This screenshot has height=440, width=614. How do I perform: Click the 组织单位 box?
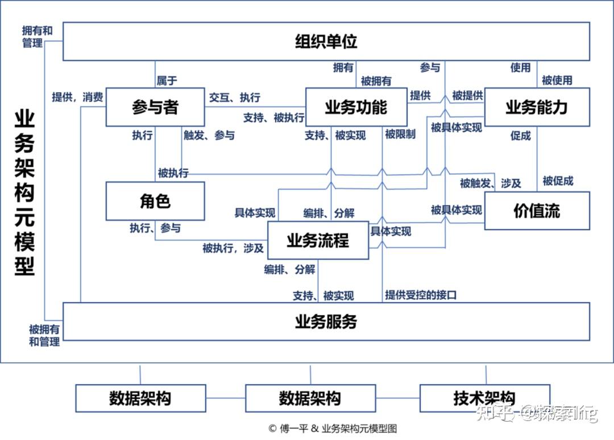click(326, 42)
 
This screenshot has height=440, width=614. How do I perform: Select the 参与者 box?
click(155, 107)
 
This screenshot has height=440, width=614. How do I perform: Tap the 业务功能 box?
click(356, 107)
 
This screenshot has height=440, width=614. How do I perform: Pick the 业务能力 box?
click(537, 107)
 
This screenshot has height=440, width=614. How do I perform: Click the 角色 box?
click(155, 201)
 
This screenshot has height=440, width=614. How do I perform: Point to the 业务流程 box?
click(318, 240)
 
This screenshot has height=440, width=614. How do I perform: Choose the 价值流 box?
click(537, 211)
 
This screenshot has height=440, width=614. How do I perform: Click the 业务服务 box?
click(326, 322)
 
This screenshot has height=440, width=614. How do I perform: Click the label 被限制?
click(400, 135)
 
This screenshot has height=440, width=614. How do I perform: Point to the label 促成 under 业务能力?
click(521, 135)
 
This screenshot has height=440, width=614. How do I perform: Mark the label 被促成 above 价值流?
click(558, 181)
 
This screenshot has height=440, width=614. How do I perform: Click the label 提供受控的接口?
click(421, 295)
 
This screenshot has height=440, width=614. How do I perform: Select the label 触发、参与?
click(209, 135)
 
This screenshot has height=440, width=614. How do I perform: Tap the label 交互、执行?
click(235, 97)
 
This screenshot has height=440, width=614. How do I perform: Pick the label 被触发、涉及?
click(490, 183)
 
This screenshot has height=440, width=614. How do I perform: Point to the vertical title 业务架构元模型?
click(24, 194)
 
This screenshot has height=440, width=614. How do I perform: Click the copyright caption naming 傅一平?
click(332, 429)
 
